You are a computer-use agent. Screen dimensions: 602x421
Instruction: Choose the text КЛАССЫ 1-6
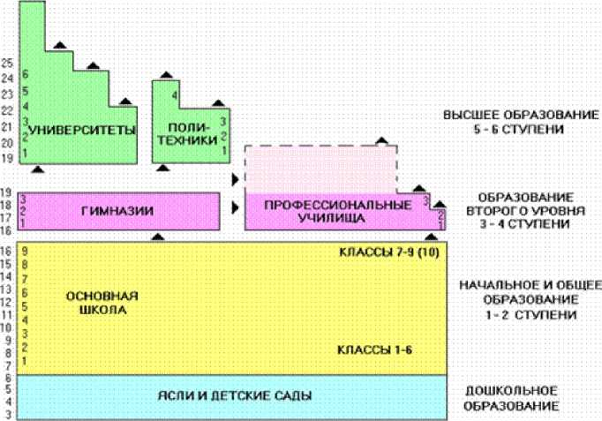(x=375, y=350)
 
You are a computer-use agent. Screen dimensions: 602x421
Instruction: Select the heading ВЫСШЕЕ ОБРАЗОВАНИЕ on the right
(x=515, y=116)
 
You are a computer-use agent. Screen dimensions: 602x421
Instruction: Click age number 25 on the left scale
(x=7, y=63)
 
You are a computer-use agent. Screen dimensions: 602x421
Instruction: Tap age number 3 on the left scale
(x=7, y=413)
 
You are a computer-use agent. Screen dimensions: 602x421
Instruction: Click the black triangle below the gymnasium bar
(x=158, y=237)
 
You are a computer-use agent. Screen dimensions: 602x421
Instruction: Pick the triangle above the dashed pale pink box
(x=381, y=140)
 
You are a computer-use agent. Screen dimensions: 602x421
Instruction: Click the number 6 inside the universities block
(x=26, y=74)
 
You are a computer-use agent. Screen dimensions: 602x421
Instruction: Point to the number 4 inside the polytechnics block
(x=175, y=94)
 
